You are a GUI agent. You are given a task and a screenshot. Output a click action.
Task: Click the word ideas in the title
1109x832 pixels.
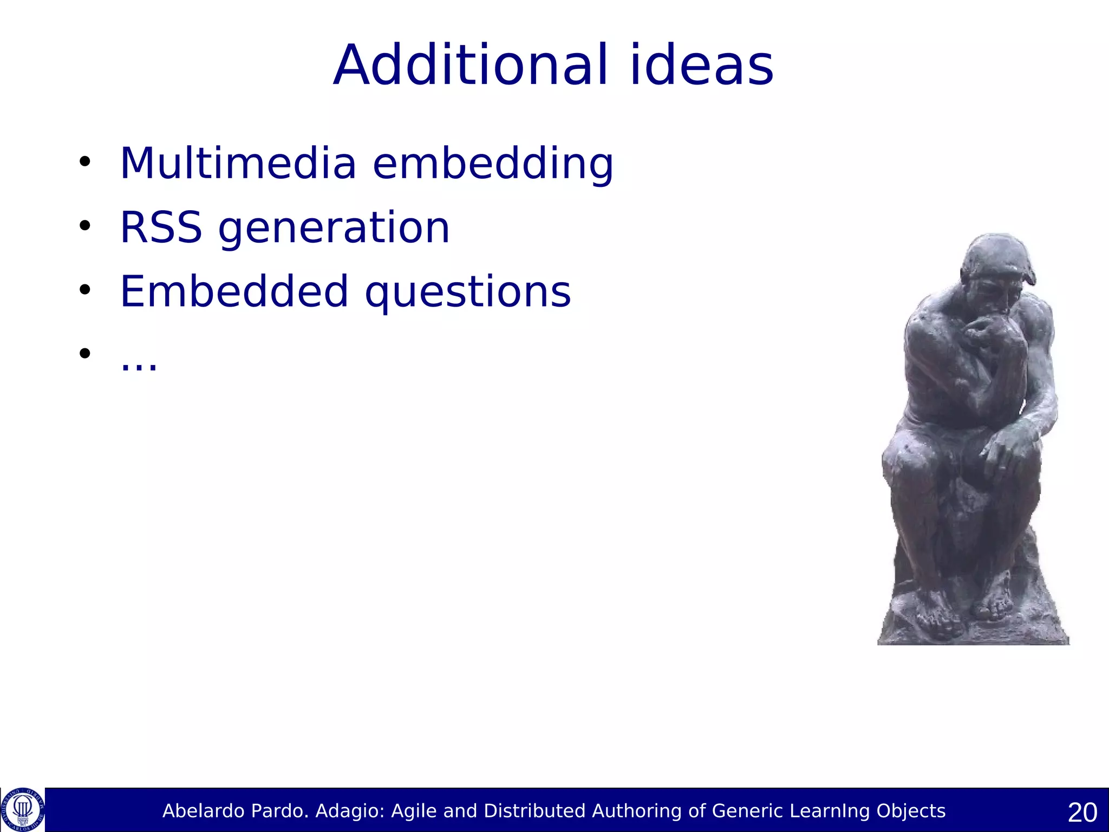point(702,66)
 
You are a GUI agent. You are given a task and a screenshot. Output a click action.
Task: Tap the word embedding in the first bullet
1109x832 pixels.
point(493,164)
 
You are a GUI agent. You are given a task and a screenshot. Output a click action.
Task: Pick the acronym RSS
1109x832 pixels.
point(161,227)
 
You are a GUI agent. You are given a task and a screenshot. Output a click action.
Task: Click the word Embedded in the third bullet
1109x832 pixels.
point(234,291)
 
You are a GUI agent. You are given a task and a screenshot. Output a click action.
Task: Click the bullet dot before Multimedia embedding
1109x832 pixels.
point(84,162)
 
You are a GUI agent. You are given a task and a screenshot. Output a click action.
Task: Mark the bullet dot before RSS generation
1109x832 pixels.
point(84,226)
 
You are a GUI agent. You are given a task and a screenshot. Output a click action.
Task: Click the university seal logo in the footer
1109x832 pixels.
point(22,810)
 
